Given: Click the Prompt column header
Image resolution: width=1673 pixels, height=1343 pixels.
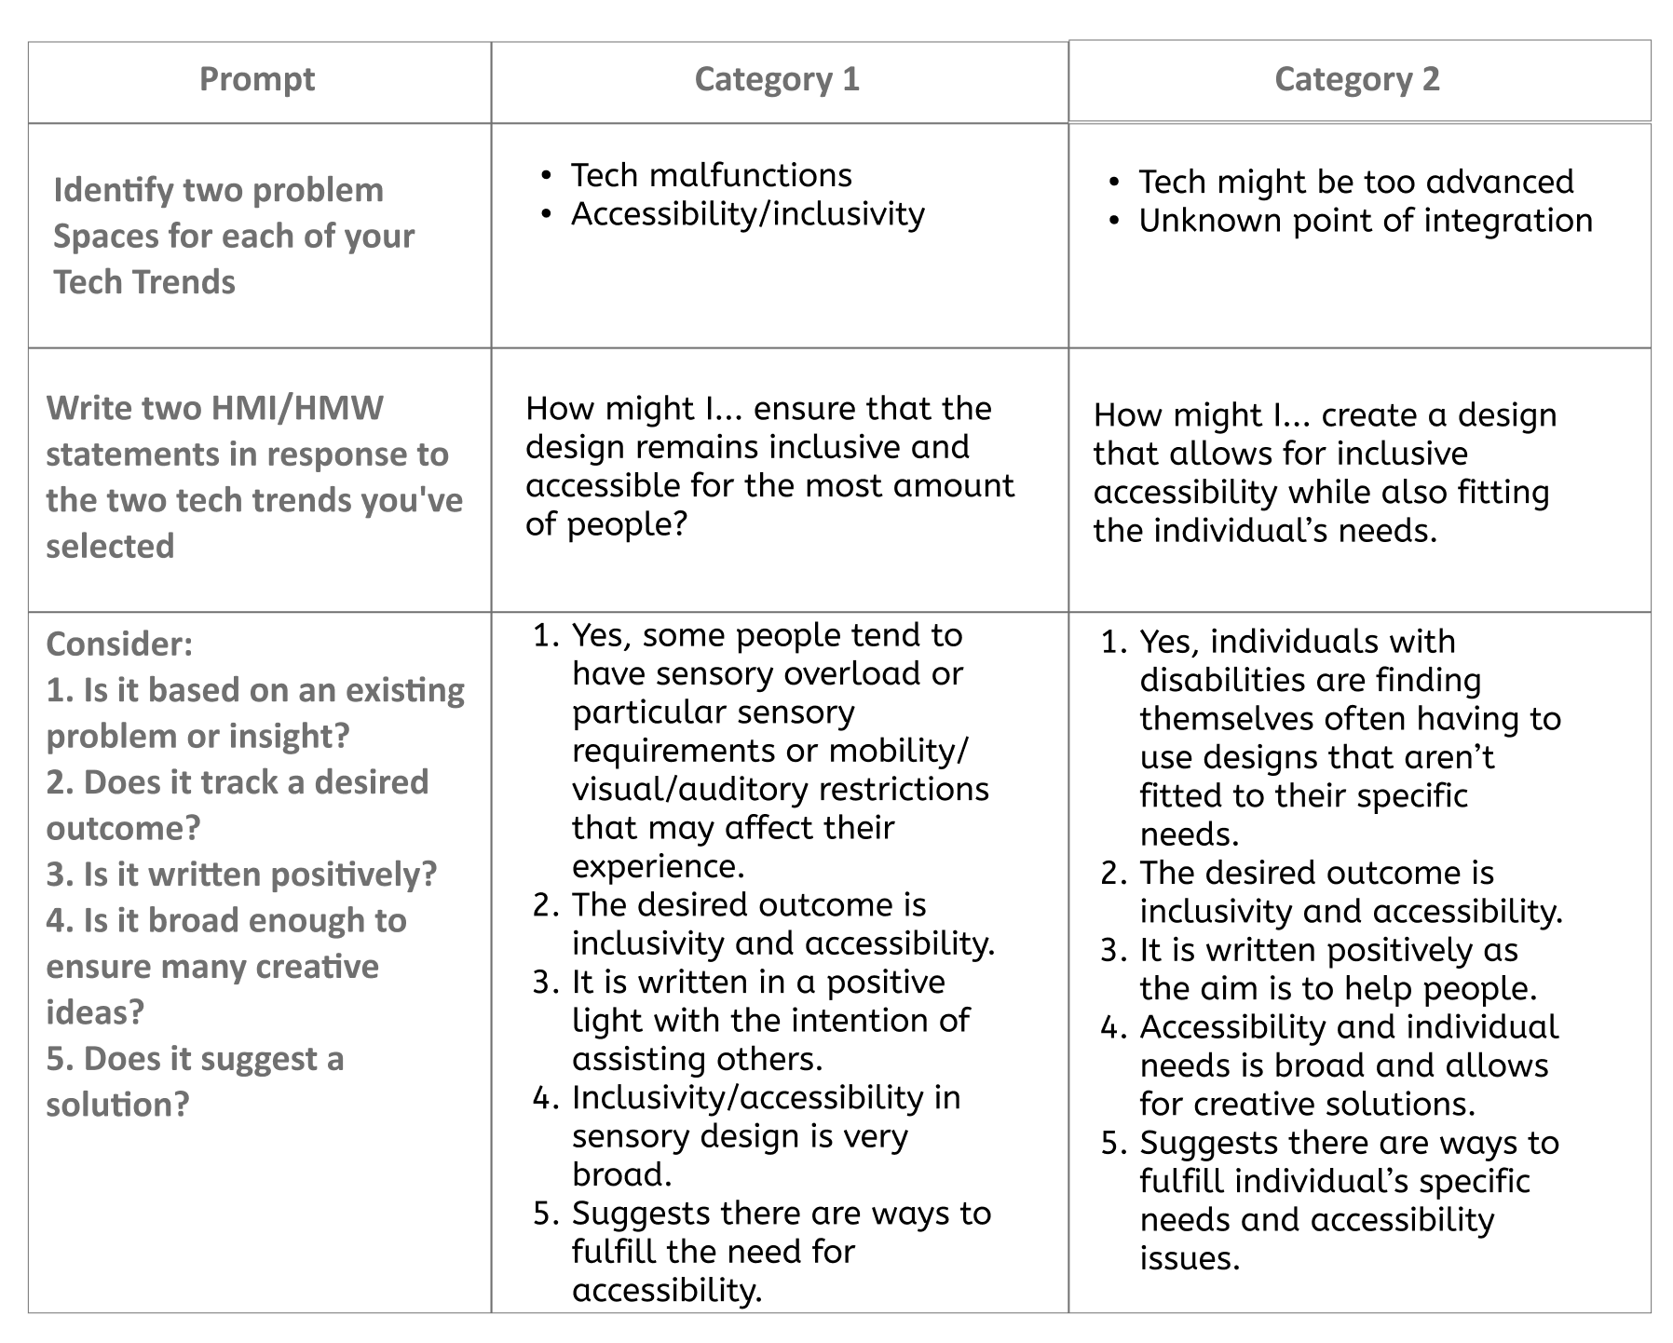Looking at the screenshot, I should pos(257,79).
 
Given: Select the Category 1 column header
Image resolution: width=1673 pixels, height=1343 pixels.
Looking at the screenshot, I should pos(777,79).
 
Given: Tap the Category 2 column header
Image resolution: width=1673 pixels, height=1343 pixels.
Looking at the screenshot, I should pos(1356,79).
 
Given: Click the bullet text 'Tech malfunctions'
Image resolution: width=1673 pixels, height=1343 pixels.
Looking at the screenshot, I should pos(711,175).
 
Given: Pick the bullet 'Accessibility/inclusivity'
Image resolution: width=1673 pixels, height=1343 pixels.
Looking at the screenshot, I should pos(747,214).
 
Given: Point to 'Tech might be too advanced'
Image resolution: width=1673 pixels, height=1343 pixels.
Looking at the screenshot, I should pos(1355,182).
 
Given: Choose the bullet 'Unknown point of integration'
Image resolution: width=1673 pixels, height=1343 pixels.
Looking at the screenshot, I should pos(1365,221).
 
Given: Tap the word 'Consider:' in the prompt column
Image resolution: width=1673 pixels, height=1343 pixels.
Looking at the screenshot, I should pos(119,644).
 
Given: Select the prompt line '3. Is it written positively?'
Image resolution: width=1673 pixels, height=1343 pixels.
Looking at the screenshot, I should pos(241,874).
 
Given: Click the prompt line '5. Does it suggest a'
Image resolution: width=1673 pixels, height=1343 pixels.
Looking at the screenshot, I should pos(195,1058).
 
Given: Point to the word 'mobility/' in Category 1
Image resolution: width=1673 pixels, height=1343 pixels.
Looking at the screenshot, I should pos(898,751).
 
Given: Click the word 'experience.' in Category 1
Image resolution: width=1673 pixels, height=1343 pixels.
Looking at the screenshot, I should pos(658,866).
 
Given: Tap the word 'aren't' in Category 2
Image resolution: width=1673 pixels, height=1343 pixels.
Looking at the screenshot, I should pos(1449,758).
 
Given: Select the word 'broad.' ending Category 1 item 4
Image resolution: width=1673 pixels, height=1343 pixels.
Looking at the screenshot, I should pos(621,1174).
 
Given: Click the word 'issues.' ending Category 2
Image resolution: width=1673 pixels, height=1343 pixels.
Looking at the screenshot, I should pos(1190,1258).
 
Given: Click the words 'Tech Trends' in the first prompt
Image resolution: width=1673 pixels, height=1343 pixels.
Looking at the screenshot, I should pos(144,281).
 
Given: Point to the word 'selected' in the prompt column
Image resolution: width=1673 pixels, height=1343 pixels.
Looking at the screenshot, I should pos(110,546).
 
